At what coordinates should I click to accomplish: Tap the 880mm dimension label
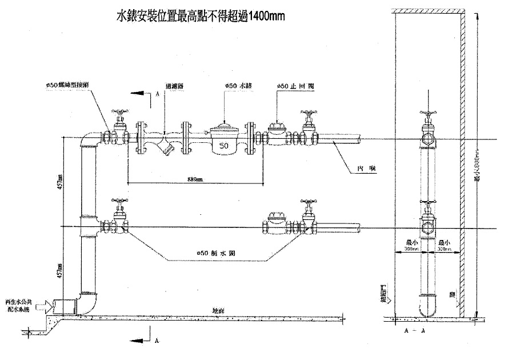pyautogui.click(x=194, y=179)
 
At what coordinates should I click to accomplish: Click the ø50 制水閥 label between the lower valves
pyautogui.click(x=213, y=253)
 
